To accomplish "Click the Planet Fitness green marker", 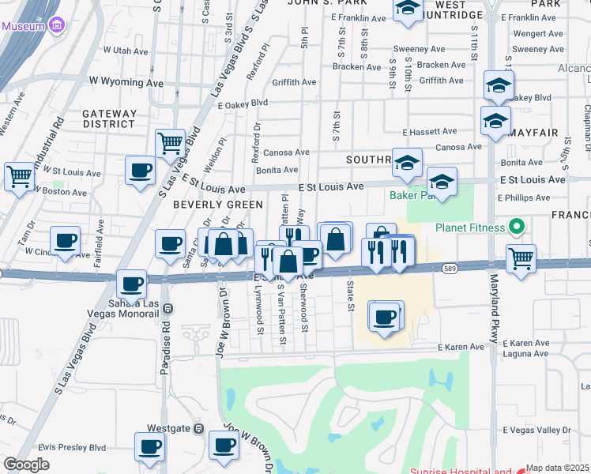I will [518, 228].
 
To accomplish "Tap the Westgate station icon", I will [199, 428].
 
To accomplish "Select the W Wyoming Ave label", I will [126, 81].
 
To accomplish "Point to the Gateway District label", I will [109, 118].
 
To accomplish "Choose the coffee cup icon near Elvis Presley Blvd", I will [149, 446].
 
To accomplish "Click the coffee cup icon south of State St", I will [385, 317].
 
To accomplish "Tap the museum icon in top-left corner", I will [56, 26].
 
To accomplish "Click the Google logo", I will [25, 465].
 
